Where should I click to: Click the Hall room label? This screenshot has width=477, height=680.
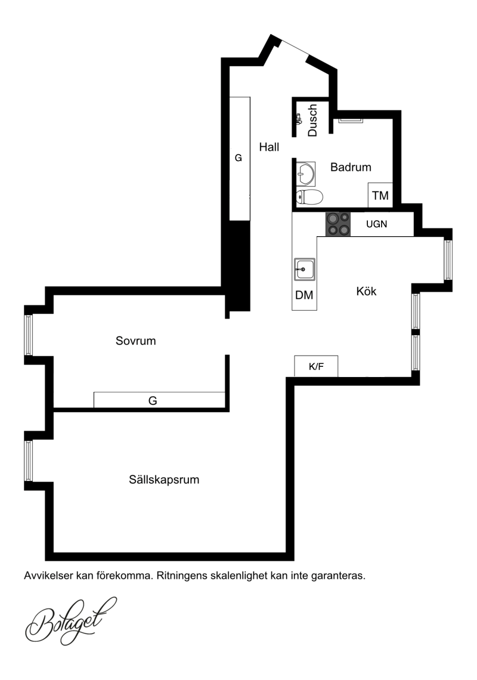tap(269, 147)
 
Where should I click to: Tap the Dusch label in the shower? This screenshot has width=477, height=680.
tap(312, 120)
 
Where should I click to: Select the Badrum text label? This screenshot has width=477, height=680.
tap(351, 167)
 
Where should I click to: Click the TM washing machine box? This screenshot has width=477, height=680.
tap(380, 195)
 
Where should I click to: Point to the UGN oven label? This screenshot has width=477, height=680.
tap(376, 224)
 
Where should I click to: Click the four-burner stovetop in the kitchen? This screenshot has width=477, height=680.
tap(338, 224)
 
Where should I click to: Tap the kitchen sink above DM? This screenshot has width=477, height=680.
tap(305, 269)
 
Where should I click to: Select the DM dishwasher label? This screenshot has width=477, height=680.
tap(304, 295)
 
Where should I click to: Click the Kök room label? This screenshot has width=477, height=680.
tap(367, 291)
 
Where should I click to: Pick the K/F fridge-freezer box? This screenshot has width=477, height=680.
tap(316, 366)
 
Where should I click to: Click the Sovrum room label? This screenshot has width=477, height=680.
tap(136, 341)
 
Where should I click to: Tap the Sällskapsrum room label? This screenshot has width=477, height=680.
tap(164, 480)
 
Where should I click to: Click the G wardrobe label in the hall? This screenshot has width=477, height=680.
tap(238, 158)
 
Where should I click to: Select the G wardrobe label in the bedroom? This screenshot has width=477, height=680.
tap(153, 401)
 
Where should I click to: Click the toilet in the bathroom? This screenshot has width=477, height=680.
tap(309, 197)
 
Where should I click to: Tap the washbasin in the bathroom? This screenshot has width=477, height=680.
tap(306, 174)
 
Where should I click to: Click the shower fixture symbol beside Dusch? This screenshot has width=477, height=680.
tap(298, 119)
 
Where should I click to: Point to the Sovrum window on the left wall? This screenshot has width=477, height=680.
tap(28, 335)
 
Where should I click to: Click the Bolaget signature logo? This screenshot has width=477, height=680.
tap(71, 621)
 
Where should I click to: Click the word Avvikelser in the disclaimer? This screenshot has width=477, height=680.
tap(48, 576)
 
